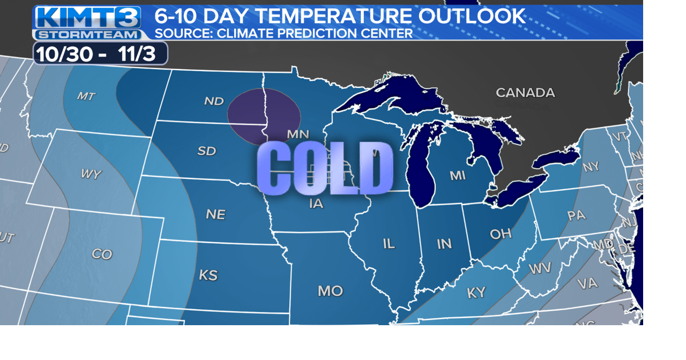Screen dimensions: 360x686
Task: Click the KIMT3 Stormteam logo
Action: pyautogui.click(x=88, y=23)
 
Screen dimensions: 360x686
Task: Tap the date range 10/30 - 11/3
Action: pyautogui.click(x=100, y=54)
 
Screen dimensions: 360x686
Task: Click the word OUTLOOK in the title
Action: pyautogui.click(x=472, y=16)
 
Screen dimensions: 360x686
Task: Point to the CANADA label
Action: pyautogui.click(x=525, y=93)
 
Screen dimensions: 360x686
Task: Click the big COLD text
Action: pyautogui.click(x=325, y=168)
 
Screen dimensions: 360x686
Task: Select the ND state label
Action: pyautogui.click(x=213, y=101)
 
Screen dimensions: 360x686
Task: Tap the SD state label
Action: pyautogui.click(x=206, y=151)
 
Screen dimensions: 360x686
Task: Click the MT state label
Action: pyautogui.click(x=86, y=96)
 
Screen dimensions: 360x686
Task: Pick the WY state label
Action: pyautogui.click(x=91, y=174)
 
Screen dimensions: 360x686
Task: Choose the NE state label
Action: pyautogui.click(x=215, y=214)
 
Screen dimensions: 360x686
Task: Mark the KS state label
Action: pyautogui.click(x=208, y=275)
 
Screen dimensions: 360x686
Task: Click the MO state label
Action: pyautogui.click(x=330, y=291)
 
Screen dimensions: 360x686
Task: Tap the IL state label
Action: pyautogui.click(x=389, y=244)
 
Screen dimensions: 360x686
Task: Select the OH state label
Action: pyautogui.click(x=500, y=234)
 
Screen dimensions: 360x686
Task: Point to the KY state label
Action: pyautogui.click(x=476, y=292)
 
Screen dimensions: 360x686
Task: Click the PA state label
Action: pyautogui.click(x=576, y=216)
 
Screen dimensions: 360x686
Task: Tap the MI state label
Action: pyautogui.click(x=457, y=175)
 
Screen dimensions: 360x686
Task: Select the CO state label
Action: pyautogui.click(x=101, y=254)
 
